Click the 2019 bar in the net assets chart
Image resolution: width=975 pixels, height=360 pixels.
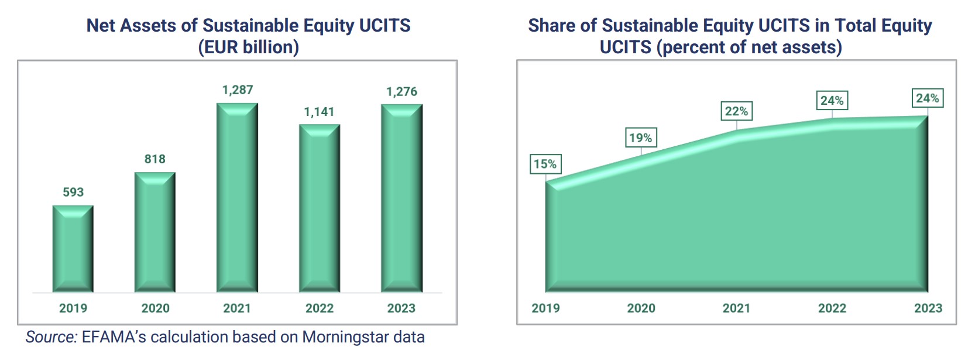73,249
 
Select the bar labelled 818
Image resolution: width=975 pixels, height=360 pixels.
155,232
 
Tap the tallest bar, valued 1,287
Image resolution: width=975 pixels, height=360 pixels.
237,198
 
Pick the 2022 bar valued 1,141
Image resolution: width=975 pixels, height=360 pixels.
320,208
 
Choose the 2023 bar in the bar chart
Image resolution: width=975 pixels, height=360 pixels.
401,198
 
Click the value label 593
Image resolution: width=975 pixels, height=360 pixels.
73,192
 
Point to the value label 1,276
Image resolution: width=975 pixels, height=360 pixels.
401,91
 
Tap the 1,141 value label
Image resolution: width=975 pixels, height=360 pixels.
319,111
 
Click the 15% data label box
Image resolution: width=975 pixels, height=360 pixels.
545,164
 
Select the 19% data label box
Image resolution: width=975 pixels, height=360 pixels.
641,138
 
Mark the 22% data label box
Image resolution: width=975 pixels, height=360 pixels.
736,111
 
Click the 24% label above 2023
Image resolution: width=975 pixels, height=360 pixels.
928,98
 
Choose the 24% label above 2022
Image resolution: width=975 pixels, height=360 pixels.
832,101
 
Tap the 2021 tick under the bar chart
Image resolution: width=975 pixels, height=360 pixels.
237,308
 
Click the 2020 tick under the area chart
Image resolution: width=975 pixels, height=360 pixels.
641,308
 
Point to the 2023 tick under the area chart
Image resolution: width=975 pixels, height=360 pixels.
928,308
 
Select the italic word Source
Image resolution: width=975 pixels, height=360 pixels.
52,337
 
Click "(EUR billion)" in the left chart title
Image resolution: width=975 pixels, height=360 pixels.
249,47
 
